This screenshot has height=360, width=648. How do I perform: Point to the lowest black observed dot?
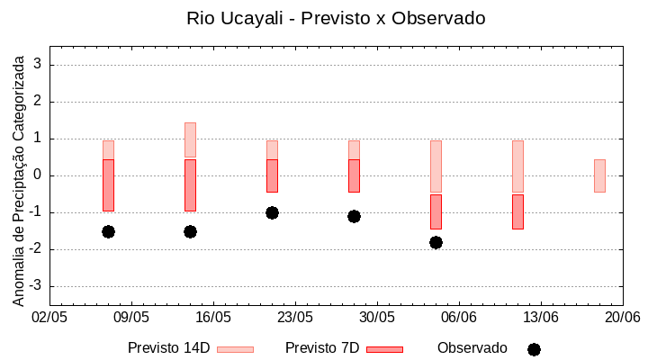click(436, 242)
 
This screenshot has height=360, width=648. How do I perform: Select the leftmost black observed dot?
click(108, 231)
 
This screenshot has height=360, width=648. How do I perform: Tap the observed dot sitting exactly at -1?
click(272, 212)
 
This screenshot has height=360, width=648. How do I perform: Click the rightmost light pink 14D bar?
click(599, 175)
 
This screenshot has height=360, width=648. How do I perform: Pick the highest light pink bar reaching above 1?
click(190, 139)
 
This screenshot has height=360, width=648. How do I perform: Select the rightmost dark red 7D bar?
click(517, 211)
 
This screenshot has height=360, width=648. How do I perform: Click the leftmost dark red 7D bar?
click(108, 184)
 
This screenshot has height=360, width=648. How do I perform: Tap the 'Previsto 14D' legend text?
click(168, 348)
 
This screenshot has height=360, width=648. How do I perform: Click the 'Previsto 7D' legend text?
click(322, 348)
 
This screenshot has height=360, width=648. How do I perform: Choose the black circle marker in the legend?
click(534, 349)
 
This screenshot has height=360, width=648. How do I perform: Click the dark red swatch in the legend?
click(384, 349)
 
